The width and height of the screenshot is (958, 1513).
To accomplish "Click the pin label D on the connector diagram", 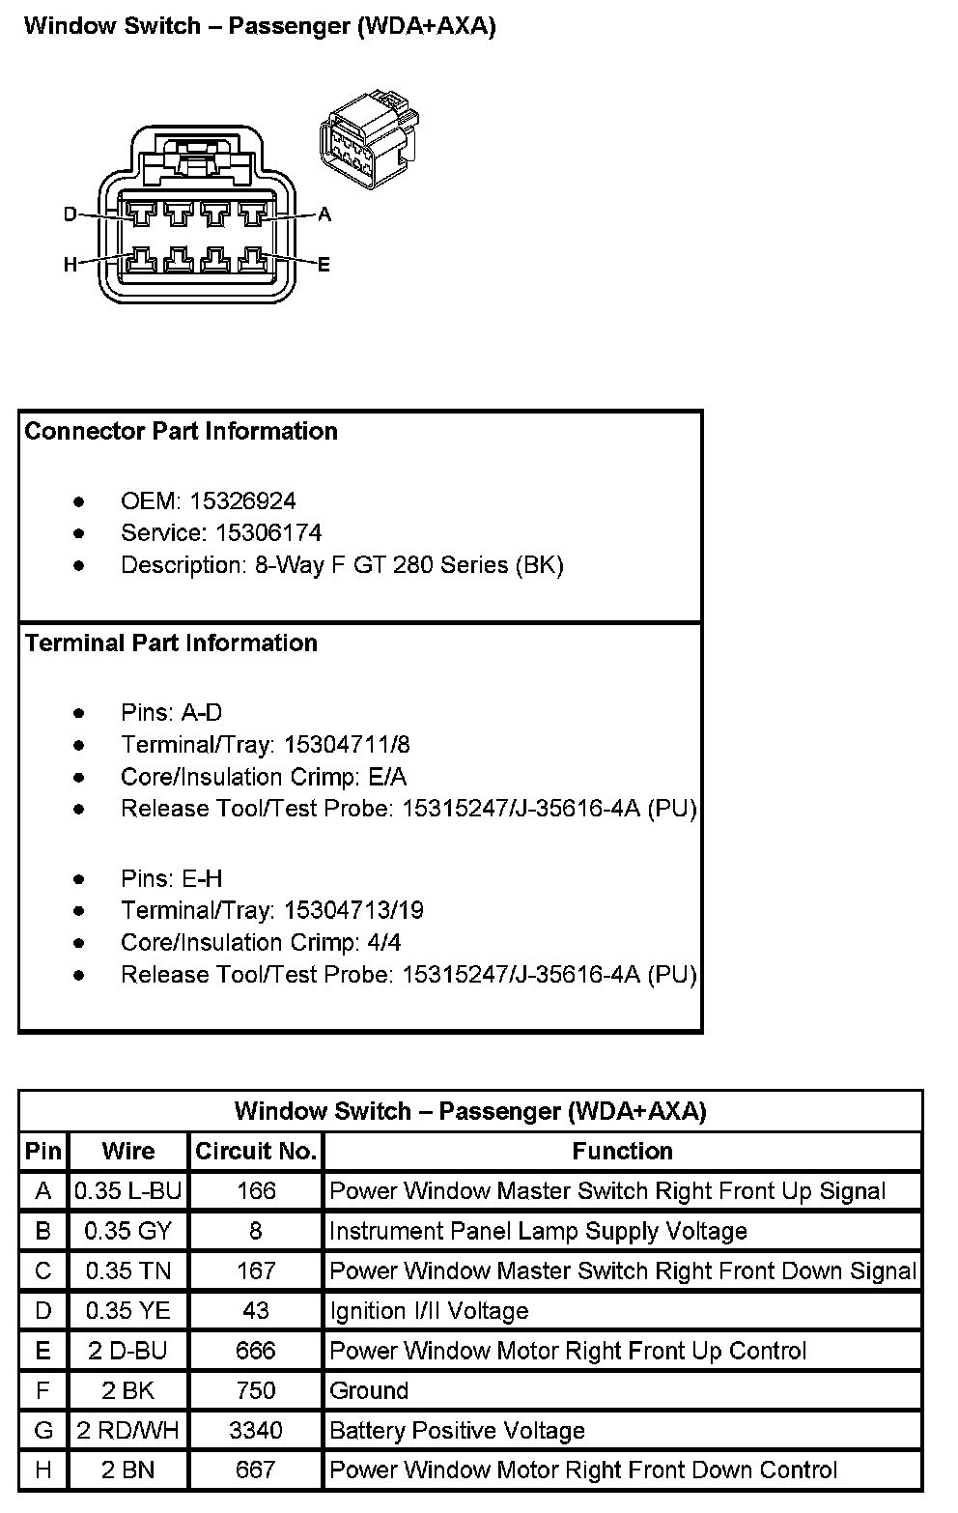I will click(70, 214).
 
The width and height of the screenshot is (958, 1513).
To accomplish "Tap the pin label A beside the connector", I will click(324, 214).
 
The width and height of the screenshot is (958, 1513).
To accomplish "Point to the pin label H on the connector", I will click(70, 264).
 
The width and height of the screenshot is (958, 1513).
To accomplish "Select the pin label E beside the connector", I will click(324, 264).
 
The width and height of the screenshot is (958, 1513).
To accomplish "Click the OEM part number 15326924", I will click(242, 500).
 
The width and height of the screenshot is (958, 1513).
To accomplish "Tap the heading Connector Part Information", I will click(181, 431).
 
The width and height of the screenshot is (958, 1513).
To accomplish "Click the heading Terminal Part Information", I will click(171, 642).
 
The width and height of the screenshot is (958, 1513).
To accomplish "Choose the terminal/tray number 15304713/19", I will click(353, 910).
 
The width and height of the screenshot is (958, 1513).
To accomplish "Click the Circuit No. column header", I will click(256, 1151).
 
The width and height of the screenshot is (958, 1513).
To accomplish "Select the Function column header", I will click(622, 1151).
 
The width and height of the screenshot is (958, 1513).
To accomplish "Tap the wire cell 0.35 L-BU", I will click(128, 1190).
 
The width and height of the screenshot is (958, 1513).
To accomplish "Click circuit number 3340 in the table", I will click(256, 1430).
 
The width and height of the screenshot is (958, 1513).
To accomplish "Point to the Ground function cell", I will click(369, 1390).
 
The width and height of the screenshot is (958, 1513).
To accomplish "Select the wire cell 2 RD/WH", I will click(128, 1430).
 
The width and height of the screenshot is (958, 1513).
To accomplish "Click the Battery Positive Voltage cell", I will click(457, 1430).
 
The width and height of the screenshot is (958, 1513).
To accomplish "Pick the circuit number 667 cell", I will click(256, 1470).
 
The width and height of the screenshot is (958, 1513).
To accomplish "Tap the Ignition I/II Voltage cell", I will click(429, 1310).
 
